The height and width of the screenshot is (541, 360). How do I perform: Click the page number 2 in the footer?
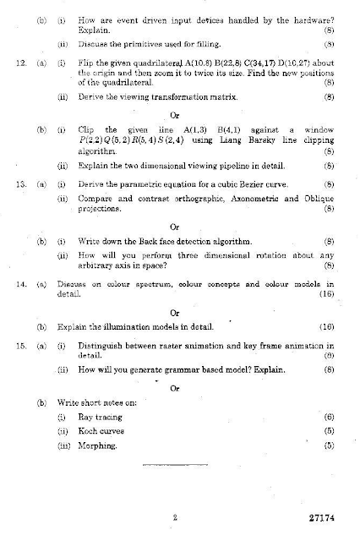coord(173,517)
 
